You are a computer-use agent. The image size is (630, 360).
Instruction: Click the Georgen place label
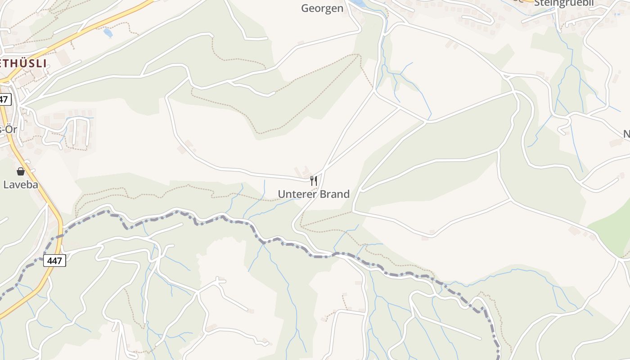[322, 8]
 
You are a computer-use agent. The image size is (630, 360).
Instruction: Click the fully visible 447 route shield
[54, 260]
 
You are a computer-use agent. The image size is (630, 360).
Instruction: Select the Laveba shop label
[20, 184]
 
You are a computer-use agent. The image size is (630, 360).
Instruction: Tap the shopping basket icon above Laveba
[21, 171]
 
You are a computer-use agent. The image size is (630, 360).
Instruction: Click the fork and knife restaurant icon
[314, 181]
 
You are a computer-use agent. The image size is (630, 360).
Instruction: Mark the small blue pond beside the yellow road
[108, 32]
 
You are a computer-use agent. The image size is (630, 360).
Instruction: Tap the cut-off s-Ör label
[8, 130]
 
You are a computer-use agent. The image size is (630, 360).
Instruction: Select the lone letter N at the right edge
[626, 134]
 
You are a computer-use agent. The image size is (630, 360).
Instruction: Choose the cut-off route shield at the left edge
[4, 99]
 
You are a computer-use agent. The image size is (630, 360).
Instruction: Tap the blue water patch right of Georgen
[359, 4]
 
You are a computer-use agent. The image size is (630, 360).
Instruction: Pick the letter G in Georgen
[305, 8]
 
